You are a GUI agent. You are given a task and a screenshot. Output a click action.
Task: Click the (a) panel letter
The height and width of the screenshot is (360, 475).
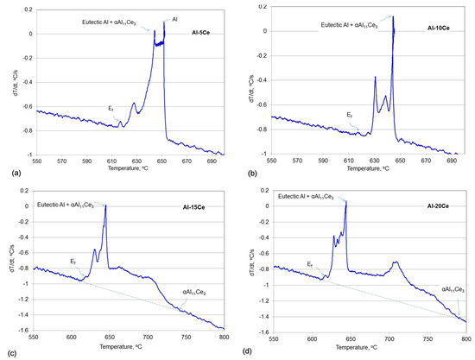[x=9, y=173]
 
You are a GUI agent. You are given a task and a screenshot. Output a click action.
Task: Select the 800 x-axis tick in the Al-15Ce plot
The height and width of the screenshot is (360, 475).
[x=224, y=340]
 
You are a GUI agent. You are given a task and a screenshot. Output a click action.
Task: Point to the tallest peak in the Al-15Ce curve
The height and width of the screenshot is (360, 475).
[x=105, y=205]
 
